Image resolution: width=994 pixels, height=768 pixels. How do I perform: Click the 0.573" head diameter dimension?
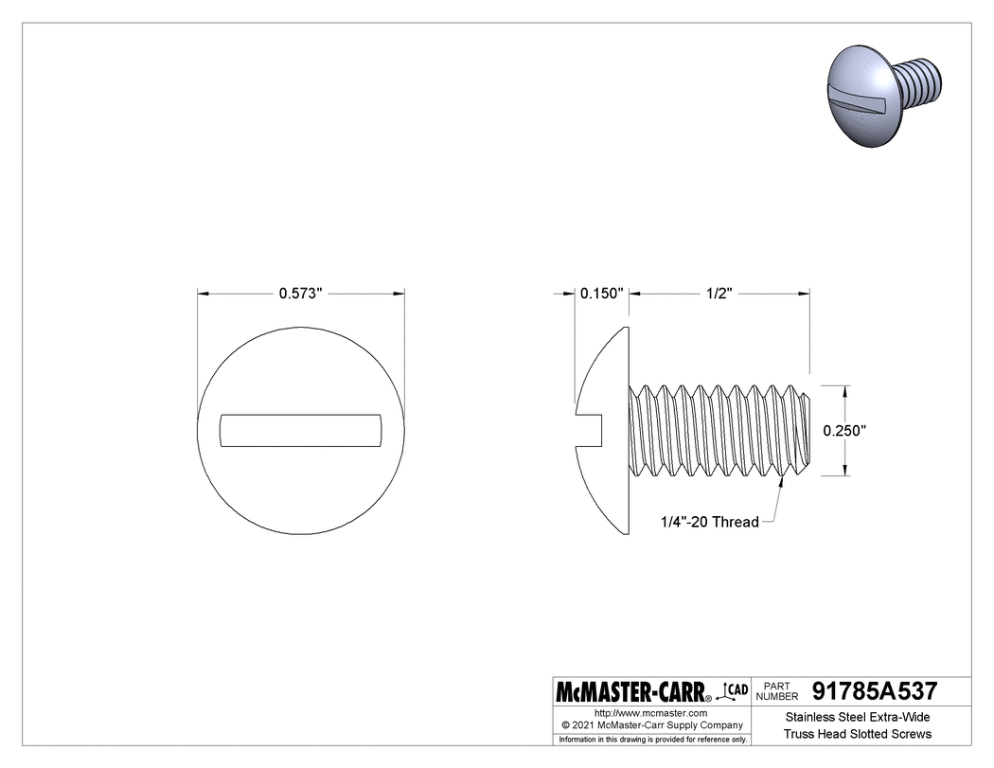coord(301,294)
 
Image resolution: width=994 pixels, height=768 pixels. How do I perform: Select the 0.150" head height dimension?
coord(601,294)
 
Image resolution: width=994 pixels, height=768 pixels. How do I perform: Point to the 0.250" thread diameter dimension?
coord(844,430)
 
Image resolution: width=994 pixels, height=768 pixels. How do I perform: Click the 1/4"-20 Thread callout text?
coord(710,522)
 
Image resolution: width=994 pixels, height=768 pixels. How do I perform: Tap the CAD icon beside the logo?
coord(734,690)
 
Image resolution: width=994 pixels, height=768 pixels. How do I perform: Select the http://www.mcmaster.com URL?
coord(650,712)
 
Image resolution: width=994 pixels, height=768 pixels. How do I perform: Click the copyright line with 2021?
coord(650,724)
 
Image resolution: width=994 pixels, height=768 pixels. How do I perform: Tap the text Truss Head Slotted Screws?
coord(858,734)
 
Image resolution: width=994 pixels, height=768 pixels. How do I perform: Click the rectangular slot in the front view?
coord(301,430)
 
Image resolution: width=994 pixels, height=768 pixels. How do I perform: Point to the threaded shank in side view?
coord(719,430)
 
